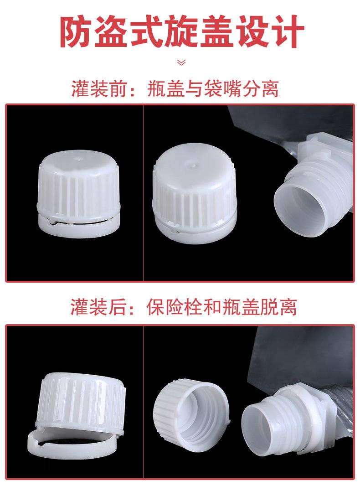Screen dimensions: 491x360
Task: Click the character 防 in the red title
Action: point(77,31)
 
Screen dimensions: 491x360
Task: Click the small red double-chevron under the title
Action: point(180,62)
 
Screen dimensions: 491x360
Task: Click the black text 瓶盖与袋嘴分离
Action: point(213,88)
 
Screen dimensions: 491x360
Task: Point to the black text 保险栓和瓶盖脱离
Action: point(221,307)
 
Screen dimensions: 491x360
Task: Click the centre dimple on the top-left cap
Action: point(76,160)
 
